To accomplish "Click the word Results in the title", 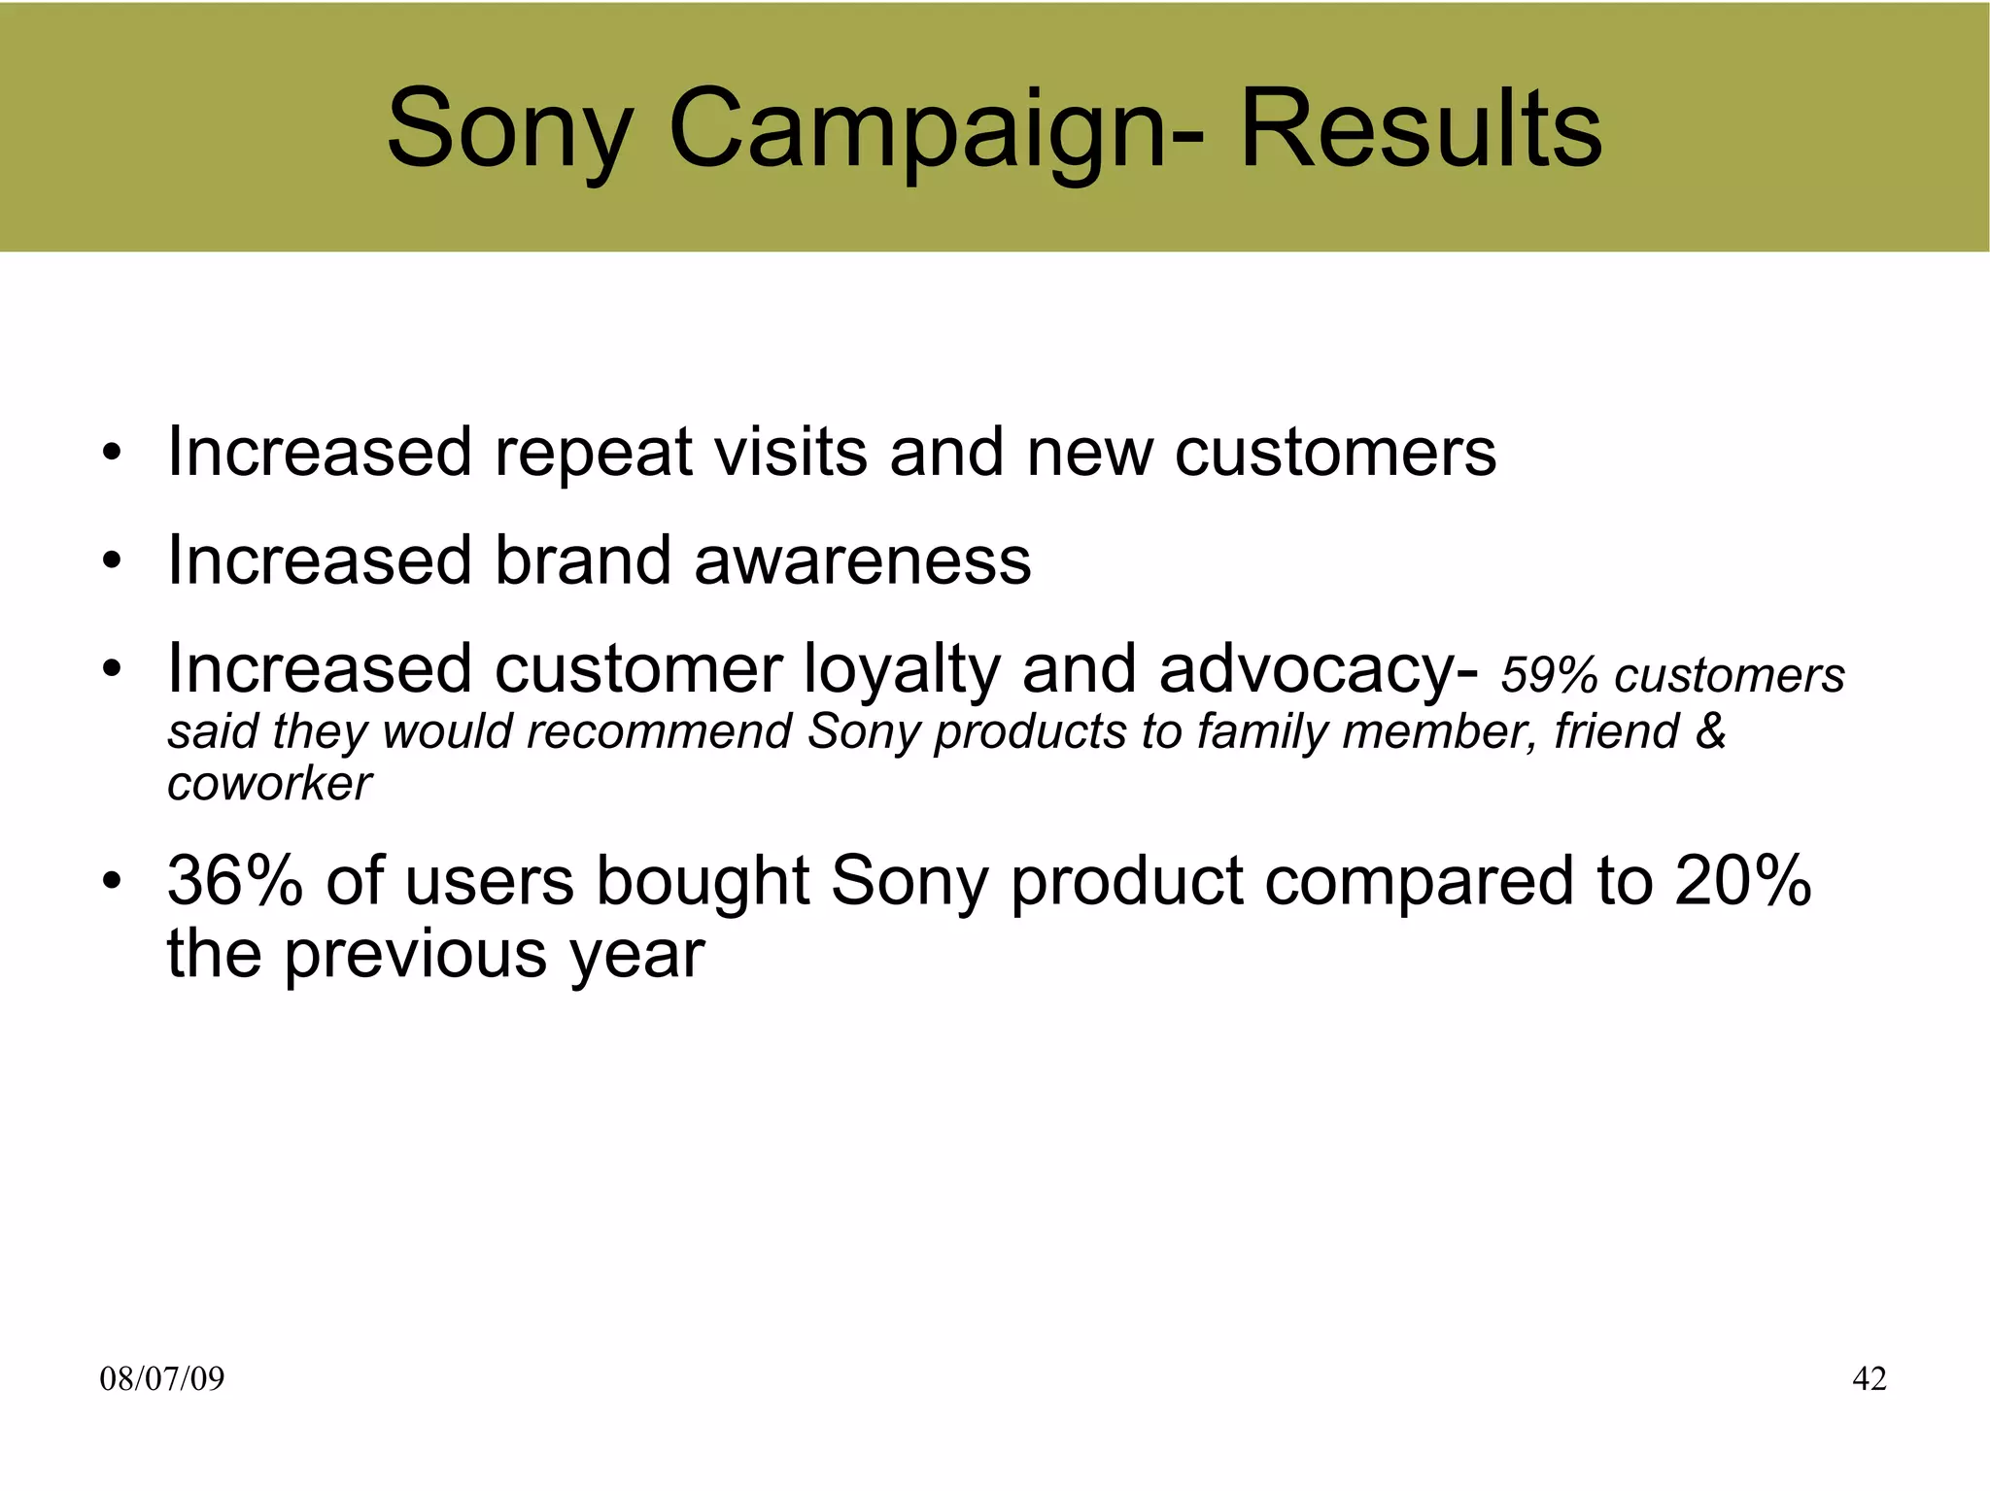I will click(x=1421, y=128).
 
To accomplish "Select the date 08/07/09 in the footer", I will click(x=161, y=1378).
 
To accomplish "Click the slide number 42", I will click(x=1870, y=1378).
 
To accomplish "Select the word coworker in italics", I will click(x=269, y=783).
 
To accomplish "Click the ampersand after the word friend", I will click(x=1710, y=730).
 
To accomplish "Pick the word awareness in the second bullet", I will click(x=862, y=561).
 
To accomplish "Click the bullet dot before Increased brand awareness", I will click(x=113, y=561).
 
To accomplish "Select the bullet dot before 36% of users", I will click(x=113, y=882).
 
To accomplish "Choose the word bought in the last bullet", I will click(x=702, y=882).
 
